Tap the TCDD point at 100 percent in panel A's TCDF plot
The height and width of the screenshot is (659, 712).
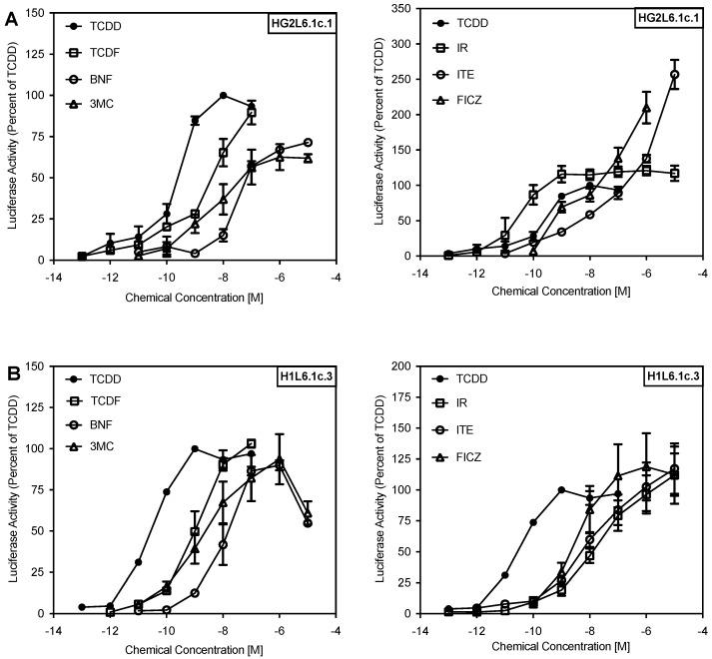click(223, 96)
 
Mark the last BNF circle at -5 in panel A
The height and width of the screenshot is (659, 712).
click(308, 142)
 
